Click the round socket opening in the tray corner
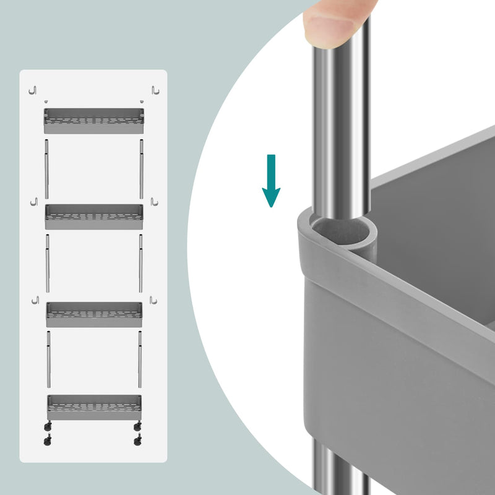pyautogui.click(x=346, y=232)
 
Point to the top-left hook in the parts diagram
pyautogui.click(x=34, y=90)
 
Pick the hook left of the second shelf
pyautogui.click(x=34, y=203)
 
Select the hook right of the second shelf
pyautogui.click(x=154, y=203)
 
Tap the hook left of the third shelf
pyautogui.click(x=36, y=301)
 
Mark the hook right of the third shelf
pyautogui.click(x=152, y=301)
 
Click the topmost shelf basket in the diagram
pyautogui.click(x=93, y=121)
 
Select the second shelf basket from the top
pyautogui.click(x=93, y=217)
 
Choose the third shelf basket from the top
pyautogui.click(x=93, y=314)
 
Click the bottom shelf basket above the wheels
pyautogui.click(x=94, y=407)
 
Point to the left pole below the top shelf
pyautogui.click(x=46, y=168)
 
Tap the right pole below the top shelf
pyautogui.click(x=141, y=168)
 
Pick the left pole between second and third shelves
pyautogui.click(x=48, y=262)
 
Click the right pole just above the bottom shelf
pyautogui.click(x=140, y=358)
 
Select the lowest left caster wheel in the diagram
pyautogui.click(x=47, y=441)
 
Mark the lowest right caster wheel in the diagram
pyautogui.click(x=137, y=441)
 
